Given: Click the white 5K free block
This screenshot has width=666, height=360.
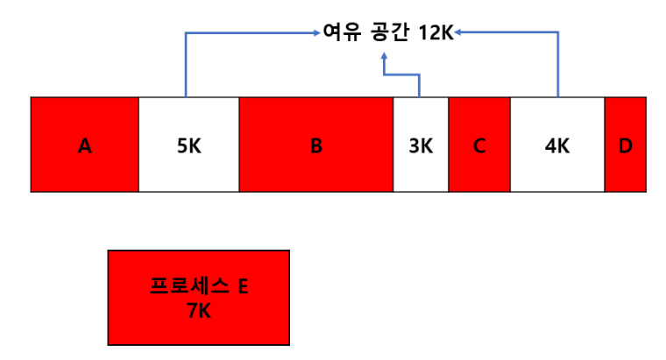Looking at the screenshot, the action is pyautogui.click(x=188, y=166).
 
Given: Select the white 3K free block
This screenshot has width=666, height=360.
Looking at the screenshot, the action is pyautogui.click(x=421, y=166).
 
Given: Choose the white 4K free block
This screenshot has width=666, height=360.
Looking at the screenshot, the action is pyautogui.click(x=557, y=166).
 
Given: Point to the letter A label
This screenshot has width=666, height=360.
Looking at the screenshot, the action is pyautogui.click(x=84, y=146).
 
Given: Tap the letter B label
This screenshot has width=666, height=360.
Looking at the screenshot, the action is pyautogui.click(x=316, y=146).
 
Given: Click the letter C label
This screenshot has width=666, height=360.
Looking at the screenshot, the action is pyautogui.click(x=479, y=146).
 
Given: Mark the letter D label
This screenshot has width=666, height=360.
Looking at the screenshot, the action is pyautogui.click(x=625, y=146).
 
